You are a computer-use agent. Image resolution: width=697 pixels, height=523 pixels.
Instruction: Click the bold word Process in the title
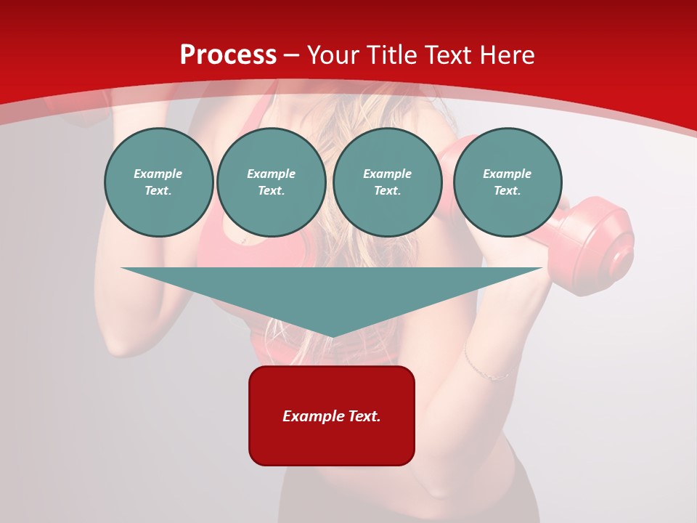228,55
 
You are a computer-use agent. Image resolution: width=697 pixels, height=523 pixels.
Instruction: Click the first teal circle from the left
158,182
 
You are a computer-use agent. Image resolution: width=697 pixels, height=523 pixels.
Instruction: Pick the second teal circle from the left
271,182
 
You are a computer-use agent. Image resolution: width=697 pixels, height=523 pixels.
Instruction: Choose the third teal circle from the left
387,182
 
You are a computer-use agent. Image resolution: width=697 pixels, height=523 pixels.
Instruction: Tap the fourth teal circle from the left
508,182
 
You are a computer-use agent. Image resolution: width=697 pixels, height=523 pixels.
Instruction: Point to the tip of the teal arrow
332,335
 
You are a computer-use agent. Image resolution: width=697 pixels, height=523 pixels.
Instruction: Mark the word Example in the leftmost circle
158,174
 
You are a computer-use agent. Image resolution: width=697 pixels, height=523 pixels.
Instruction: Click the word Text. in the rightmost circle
508,191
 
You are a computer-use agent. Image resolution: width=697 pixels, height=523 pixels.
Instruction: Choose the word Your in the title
333,55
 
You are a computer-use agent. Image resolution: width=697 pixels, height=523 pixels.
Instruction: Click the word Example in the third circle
387,174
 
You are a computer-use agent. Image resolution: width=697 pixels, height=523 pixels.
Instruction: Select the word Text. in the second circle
271,191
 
